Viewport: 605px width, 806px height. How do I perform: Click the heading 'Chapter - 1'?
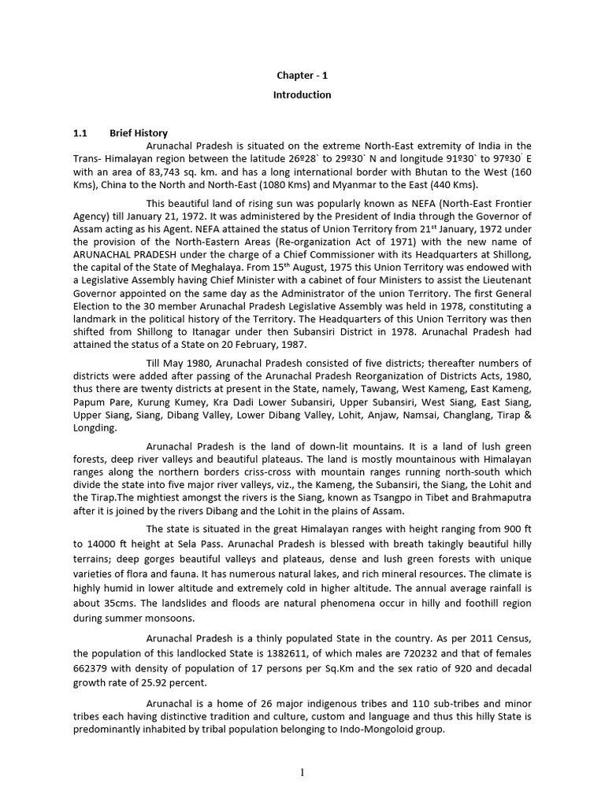[302, 76]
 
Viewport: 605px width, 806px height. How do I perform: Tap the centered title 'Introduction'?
[302, 95]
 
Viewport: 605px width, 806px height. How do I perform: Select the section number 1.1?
[81, 133]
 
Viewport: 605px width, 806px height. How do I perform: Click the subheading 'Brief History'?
[139, 133]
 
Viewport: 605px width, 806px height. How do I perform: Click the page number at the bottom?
[302, 773]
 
